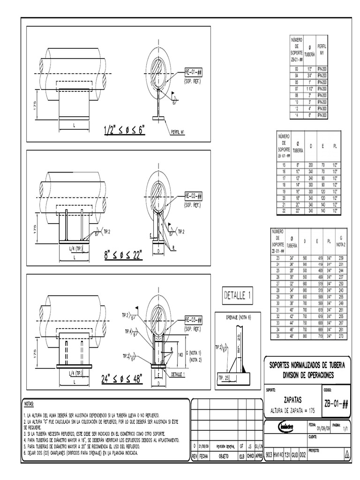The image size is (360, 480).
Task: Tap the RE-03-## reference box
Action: click(193, 320)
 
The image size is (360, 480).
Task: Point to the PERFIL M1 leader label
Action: click(177, 132)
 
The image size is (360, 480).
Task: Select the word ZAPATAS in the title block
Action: click(293, 400)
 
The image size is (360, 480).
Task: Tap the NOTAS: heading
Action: click(31, 404)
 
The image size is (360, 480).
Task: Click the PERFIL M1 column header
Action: click(322, 50)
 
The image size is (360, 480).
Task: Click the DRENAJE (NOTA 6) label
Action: click(239, 317)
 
